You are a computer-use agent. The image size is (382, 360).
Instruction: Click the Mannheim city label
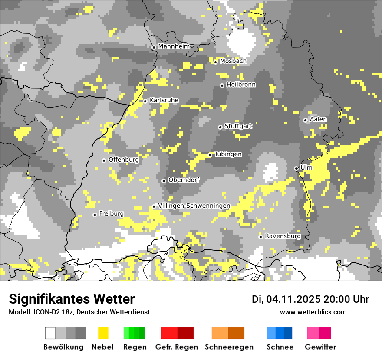click(174, 46)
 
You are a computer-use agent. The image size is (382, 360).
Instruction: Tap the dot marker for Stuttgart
click(220, 127)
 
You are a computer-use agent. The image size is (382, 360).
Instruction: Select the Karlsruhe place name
click(164, 100)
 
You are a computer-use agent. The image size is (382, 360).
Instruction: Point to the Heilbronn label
click(241, 85)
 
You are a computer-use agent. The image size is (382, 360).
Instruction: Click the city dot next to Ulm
click(296, 168)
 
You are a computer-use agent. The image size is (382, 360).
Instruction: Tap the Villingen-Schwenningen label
click(194, 206)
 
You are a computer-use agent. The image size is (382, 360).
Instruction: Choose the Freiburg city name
click(111, 213)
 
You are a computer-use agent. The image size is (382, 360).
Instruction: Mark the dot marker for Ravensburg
click(260, 237)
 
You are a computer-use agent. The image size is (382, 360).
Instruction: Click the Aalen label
click(318, 119)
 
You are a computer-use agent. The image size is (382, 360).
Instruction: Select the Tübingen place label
click(228, 154)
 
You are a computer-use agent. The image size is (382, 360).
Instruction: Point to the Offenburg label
click(123, 160)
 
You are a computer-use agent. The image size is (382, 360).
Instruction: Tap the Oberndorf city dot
click(164, 181)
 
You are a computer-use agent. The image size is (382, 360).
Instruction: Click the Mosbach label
click(233, 61)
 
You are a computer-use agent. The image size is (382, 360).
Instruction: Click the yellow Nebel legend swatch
click(103, 333)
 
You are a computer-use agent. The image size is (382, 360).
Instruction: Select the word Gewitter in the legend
click(320, 347)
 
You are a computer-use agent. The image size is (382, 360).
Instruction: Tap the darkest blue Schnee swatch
click(288, 333)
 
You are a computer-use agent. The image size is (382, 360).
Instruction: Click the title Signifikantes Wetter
click(72, 299)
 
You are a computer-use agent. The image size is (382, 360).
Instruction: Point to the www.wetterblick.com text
click(313, 312)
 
